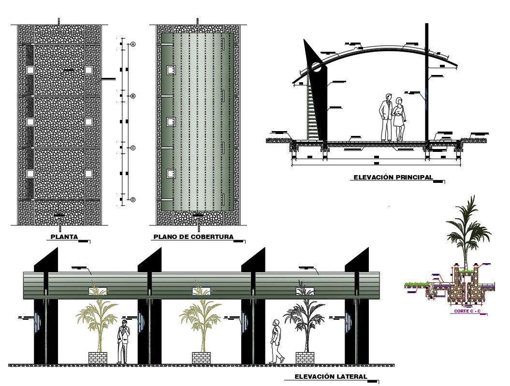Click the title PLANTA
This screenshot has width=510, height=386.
64,237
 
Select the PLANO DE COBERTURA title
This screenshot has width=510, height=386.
193,237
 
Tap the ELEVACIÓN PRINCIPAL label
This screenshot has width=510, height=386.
393,178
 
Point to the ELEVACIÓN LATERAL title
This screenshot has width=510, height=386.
332,376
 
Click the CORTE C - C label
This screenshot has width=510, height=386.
467,311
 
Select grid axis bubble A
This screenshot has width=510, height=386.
133,45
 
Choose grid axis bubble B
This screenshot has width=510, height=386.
133,96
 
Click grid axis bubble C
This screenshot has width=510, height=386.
133,148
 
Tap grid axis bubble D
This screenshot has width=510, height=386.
133,199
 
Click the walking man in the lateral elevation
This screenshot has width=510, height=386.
277,341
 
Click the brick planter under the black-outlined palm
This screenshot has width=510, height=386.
305,358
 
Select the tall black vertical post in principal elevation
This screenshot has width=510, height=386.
427,82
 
